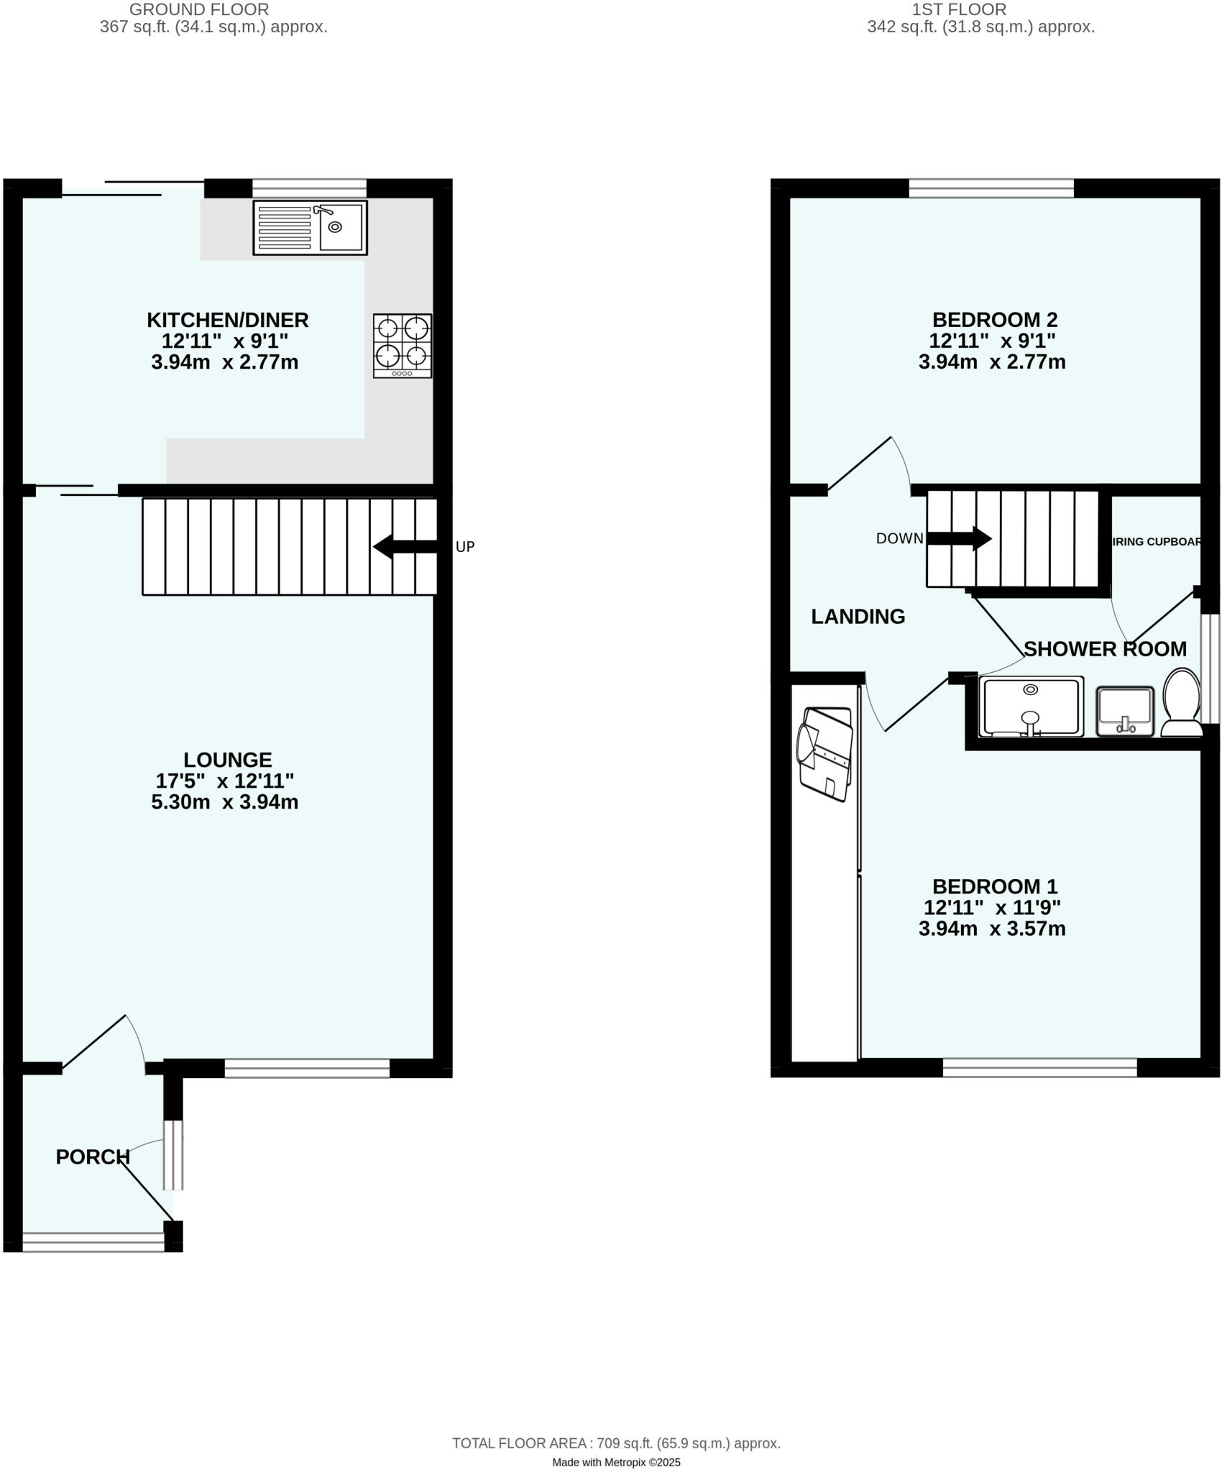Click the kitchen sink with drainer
tap(310, 227)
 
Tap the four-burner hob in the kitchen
tap(403, 346)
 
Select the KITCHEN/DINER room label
tap(228, 320)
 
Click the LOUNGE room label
tap(228, 760)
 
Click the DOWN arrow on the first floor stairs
tap(959, 538)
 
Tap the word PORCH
tap(93, 1156)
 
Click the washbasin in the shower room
tap(1125, 711)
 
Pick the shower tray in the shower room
tap(1031, 707)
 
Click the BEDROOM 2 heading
tap(995, 320)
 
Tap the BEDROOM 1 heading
tap(995, 886)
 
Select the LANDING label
tap(858, 617)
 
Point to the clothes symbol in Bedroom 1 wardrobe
tap(825, 754)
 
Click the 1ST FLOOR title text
tap(959, 10)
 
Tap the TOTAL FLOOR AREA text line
tap(616, 1443)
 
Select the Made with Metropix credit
tap(616, 1463)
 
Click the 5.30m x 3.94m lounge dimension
tap(224, 802)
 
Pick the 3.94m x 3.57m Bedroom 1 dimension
tap(992, 929)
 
